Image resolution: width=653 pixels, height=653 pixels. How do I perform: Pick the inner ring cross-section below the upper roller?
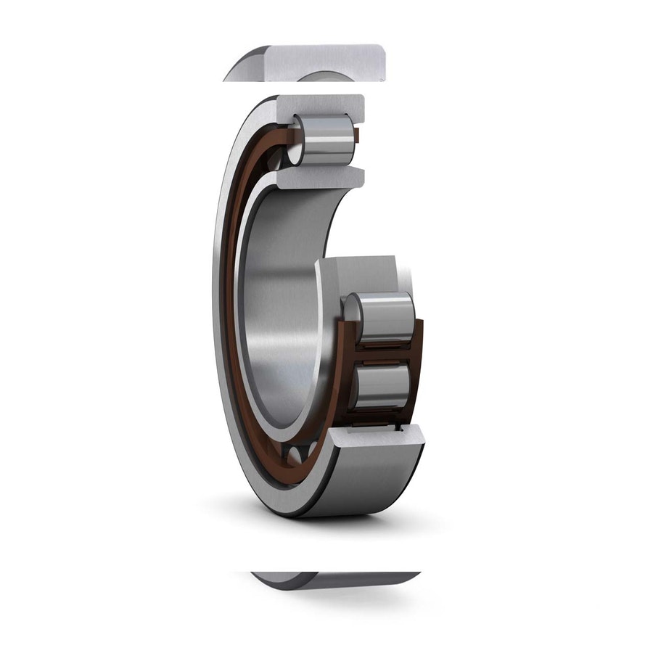point(319,177)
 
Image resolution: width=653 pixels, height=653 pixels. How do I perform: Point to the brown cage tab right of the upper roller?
point(356,136)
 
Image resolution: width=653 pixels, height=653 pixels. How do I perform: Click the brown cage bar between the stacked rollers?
point(381,352)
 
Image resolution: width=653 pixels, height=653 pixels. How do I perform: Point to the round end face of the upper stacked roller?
point(351,308)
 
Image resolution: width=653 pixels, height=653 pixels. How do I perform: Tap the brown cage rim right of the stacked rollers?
point(418,363)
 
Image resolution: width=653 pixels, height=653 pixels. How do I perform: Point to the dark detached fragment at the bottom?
point(334,579)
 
